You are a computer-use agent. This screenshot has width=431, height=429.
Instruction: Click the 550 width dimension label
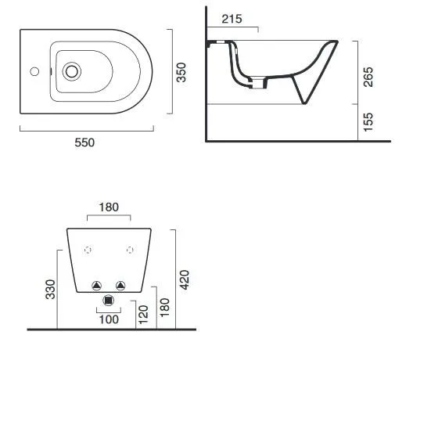[x=84, y=142]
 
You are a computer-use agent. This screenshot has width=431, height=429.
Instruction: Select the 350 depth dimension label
[x=181, y=72]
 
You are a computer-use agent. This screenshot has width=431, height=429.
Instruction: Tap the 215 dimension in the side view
[x=232, y=19]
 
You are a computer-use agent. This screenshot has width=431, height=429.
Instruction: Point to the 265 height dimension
[x=368, y=77]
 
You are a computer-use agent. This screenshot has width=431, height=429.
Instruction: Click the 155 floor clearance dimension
[x=368, y=122]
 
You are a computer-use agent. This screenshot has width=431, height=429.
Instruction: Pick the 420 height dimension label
[x=185, y=279]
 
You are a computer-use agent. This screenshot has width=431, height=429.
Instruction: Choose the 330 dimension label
[x=51, y=289]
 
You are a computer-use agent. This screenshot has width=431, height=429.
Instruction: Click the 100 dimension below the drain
[x=109, y=319]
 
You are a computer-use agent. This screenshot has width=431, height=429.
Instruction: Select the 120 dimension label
[x=143, y=314]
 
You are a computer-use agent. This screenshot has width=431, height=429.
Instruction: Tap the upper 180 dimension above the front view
[x=109, y=207]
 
